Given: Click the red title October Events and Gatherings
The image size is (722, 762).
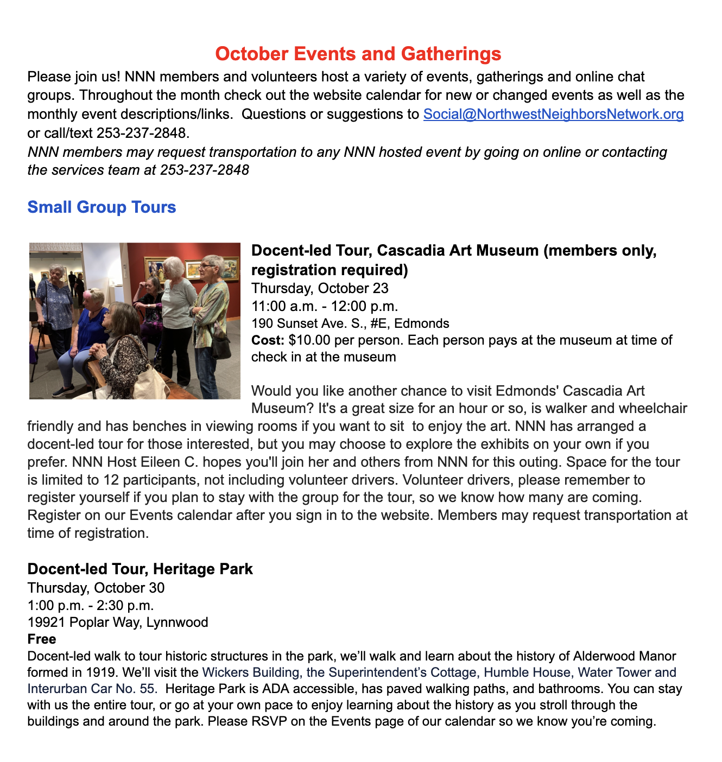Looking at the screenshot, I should pos(358,54).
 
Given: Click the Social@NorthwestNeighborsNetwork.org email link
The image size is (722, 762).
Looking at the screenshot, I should pos(553,114).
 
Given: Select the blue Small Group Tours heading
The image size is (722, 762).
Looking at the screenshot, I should pos(102,207).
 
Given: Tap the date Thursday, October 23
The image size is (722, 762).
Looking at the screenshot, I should pos(320,288).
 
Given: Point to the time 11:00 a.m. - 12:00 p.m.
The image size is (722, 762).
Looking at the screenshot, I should pos(325,306).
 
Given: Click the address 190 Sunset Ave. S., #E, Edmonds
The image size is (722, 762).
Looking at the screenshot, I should pos(350,323).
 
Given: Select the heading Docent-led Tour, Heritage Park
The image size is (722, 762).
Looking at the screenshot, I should pos(140,569).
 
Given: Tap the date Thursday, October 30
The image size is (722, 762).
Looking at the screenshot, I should pos(96,588).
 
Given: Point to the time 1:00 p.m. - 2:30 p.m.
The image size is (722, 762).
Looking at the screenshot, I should pos(90,605).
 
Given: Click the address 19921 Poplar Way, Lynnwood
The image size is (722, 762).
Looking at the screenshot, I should pos(117,622).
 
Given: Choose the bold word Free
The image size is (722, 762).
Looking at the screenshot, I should pos(41,639).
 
